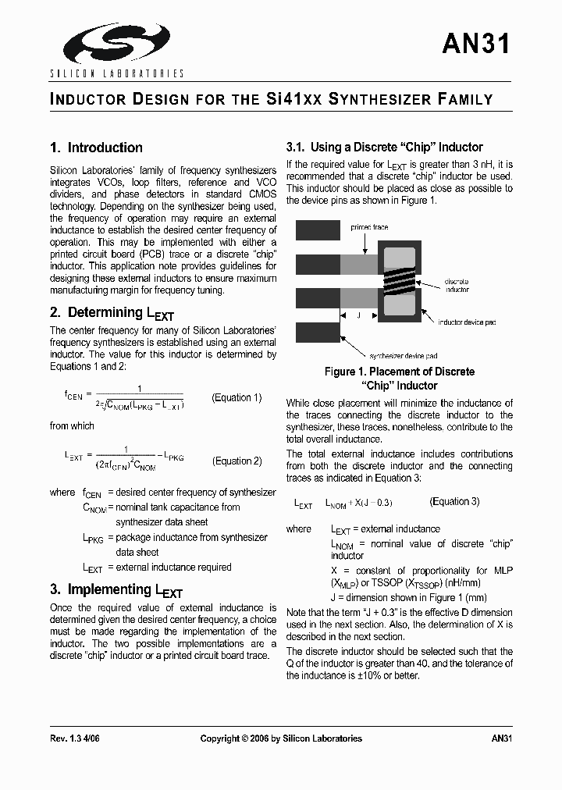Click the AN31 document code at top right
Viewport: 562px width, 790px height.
(x=476, y=44)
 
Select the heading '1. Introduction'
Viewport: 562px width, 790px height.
(x=96, y=148)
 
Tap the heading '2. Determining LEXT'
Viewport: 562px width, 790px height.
(x=112, y=313)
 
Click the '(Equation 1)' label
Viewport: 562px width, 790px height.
(x=237, y=397)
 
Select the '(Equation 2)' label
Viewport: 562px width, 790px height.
(x=237, y=461)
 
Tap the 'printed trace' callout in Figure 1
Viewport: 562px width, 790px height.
(x=369, y=227)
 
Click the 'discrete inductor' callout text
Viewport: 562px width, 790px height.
(x=457, y=285)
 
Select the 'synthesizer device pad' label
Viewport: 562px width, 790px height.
(x=403, y=356)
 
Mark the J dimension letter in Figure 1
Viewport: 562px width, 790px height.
(x=359, y=315)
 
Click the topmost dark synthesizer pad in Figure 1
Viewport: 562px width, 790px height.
(x=318, y=230)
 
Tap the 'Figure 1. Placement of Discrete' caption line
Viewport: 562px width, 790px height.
(x=400, y=372)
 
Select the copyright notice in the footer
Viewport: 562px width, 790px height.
(x=281, y=738)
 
